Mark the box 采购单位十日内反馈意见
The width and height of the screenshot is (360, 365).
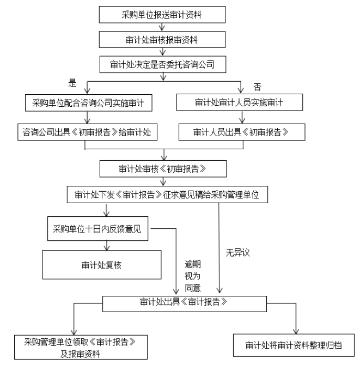[97, 229]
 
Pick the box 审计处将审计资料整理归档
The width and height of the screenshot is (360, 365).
[294, 345]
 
